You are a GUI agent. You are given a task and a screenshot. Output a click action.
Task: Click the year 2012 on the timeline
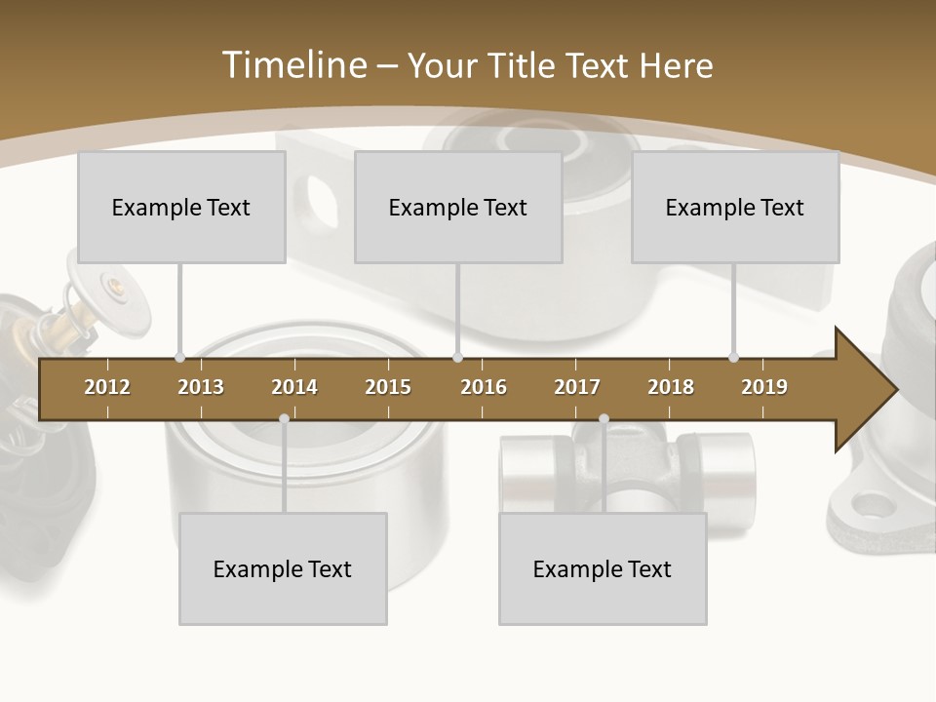107,387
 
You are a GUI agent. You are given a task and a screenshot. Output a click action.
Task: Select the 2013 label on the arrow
201,387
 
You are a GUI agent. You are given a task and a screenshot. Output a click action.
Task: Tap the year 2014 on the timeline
294,387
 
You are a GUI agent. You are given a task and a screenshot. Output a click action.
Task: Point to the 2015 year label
388,387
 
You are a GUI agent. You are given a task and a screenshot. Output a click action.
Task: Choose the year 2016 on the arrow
484,387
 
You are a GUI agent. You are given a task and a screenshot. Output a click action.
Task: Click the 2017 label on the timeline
577,387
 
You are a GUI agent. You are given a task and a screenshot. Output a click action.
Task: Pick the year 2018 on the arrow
671,387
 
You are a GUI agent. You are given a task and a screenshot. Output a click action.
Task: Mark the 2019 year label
764,387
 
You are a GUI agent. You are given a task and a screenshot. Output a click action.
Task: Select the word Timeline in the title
292,65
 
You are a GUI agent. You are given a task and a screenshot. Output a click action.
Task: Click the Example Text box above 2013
181,207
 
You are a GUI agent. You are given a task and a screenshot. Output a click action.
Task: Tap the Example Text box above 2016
458,207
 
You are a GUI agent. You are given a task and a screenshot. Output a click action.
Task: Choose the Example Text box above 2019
735,207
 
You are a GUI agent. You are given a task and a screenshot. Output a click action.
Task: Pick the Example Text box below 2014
283,568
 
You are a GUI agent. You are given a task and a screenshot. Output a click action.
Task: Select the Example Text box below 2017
603,568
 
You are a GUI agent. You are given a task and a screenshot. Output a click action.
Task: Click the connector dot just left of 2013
180,358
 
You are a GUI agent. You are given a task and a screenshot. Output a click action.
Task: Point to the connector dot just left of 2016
458,358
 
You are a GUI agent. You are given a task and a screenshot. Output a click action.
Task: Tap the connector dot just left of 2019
734,358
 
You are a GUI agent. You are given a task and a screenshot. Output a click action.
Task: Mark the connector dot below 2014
284,418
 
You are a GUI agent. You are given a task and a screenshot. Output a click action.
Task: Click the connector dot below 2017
604,418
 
